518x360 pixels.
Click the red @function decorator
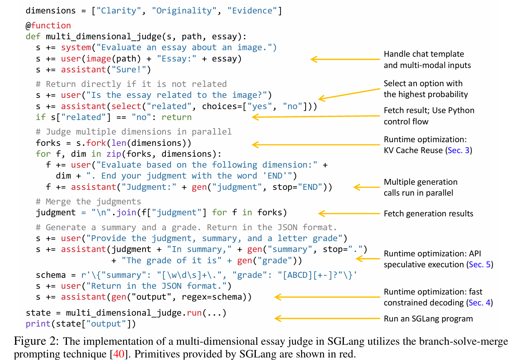pos(48,25)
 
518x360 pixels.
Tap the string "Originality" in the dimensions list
pos(184,11)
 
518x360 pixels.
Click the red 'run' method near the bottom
pos(194,313)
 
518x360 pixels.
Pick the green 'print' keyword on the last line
pos(38,324)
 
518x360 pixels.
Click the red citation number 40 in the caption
pos(119,354)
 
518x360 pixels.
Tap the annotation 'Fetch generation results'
pos(428,213)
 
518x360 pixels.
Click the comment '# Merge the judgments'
pos(88,201)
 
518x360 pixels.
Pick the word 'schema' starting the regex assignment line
pos(51,275)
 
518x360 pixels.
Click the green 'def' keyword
pos(33,36)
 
